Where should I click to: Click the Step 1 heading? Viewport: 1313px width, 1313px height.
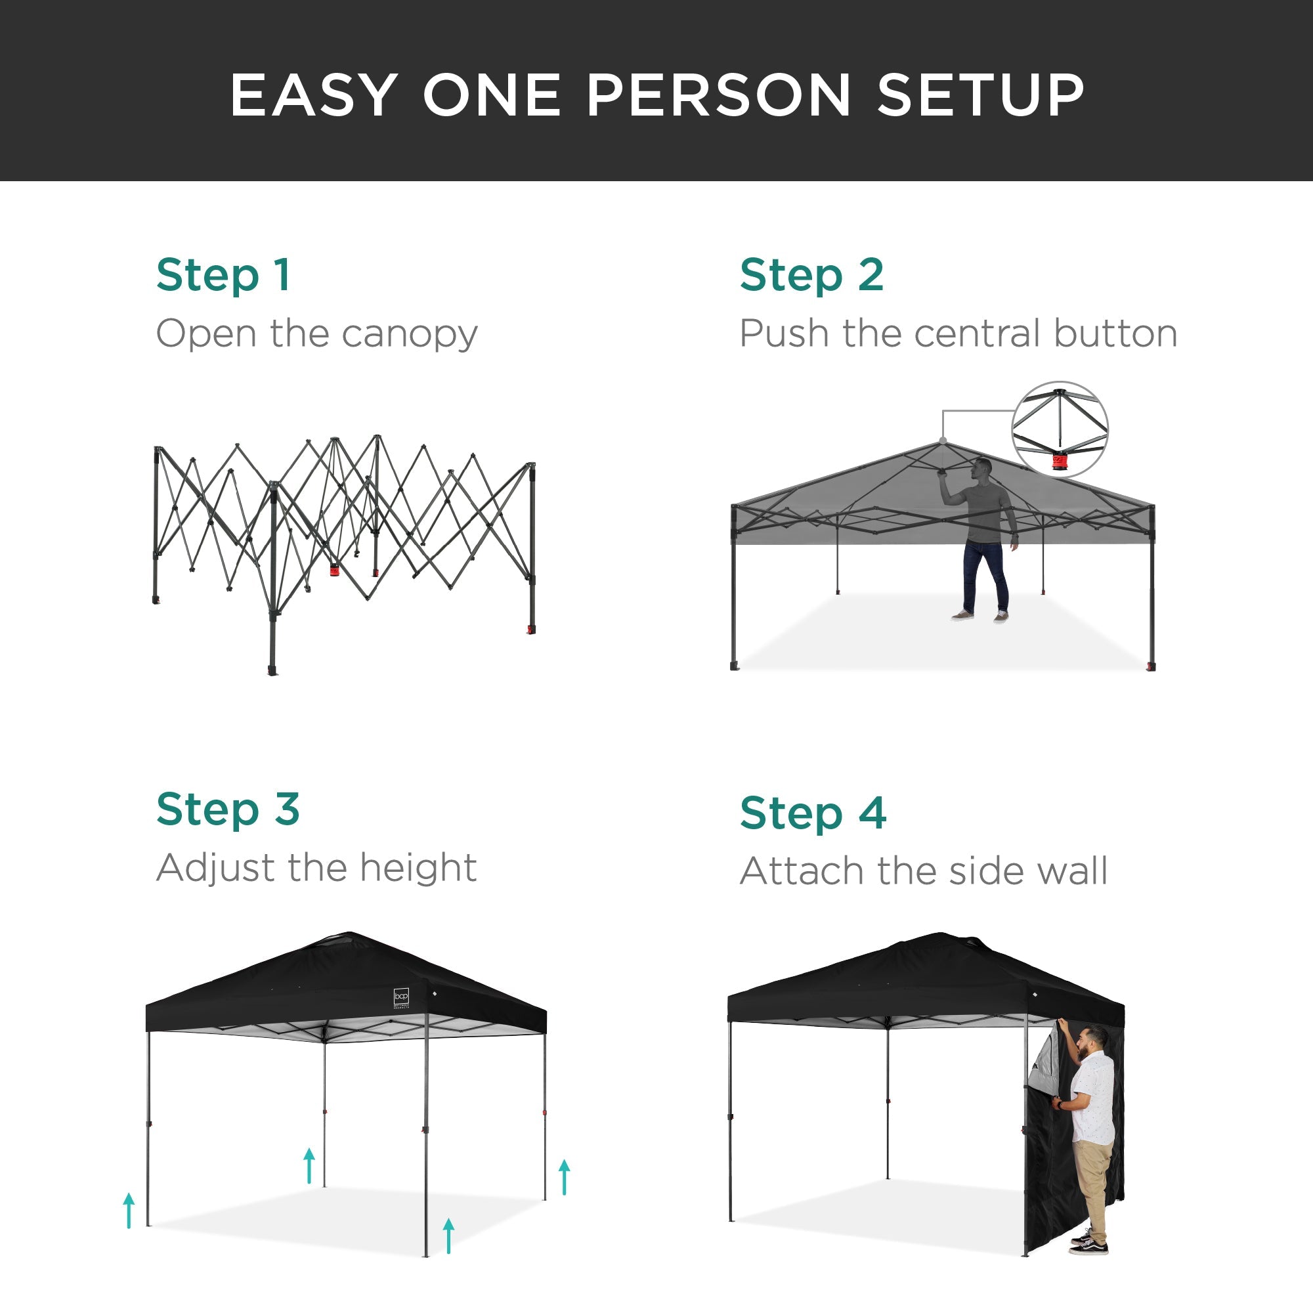(x=224, y=275)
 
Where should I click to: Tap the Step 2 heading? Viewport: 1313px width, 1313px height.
(x=811, y=275)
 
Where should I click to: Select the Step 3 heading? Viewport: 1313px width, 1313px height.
(x=228, y=809)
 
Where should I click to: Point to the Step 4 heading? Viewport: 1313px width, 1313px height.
(x=813, y=813)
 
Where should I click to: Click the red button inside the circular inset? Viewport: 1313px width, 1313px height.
(x=1059, y=463)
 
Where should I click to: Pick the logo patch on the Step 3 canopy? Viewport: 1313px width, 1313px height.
(x=401, y=997)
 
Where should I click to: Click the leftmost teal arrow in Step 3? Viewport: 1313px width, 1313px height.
(x=129, y=1211)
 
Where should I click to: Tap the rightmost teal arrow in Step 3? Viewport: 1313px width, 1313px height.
(x=564, y=1177)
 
